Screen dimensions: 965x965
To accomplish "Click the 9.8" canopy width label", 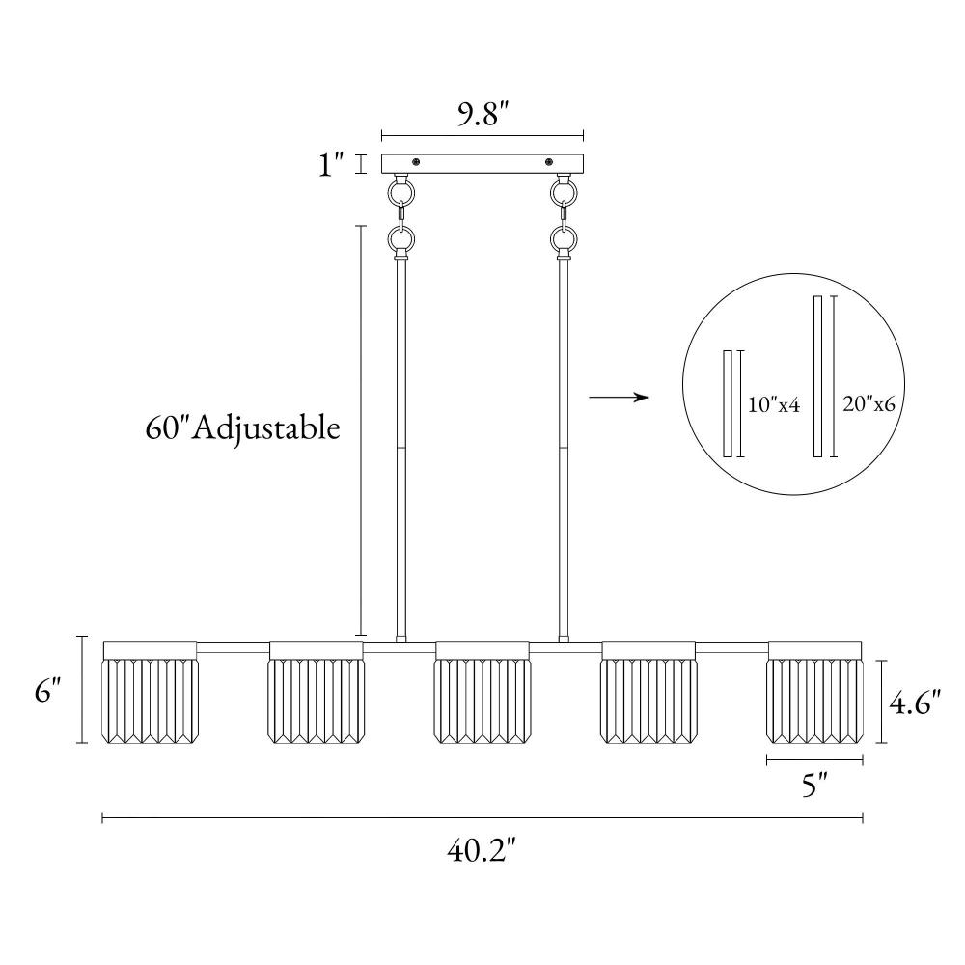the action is click(x=482, y=114).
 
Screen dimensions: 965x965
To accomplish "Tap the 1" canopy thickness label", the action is click(x=330, y=164).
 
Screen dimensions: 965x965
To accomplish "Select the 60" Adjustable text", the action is click(x=242, y=427).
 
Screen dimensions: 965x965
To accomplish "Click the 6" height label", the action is click(x=47, y=691).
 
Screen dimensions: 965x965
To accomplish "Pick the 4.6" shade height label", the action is click(x=915, y=702).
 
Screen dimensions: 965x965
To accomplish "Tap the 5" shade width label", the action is click(x=813, y=785).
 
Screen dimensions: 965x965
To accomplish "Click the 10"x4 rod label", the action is click(x=774, y=404).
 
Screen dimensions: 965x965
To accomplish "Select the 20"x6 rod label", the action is click(x=868, y=403).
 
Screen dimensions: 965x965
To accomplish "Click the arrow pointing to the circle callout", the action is click(x=620, y=398).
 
